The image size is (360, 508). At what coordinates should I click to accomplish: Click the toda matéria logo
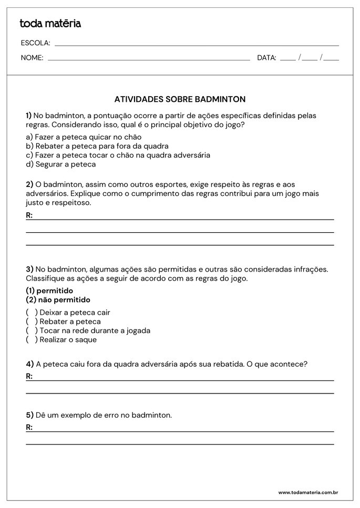coord(50,24)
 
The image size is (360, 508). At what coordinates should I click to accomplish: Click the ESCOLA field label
coord(35,43)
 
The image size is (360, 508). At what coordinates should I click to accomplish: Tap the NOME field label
coord(32,58)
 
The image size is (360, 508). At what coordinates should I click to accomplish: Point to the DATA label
coord(266,58)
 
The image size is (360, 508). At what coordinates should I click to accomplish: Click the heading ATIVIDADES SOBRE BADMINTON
coord(180,99)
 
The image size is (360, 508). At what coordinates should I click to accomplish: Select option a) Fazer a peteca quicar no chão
coord(84,137)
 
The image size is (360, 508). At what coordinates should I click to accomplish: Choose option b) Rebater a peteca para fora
coord(97,146)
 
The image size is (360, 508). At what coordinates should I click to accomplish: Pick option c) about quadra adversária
coord(118,155)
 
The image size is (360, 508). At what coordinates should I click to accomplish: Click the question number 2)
coord(29,184)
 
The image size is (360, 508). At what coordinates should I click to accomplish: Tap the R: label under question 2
coord(29,215)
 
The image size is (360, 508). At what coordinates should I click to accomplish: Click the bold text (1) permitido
coord(49,291)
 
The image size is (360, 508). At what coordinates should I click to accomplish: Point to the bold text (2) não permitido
coord(58,300)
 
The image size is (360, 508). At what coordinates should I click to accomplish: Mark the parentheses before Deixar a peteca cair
coord(32,313)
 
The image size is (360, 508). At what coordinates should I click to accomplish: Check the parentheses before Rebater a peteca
coord(32,322)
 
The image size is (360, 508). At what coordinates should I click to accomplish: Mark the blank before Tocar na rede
coord(32,330)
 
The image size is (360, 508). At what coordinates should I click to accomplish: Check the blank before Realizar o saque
coord(32,339)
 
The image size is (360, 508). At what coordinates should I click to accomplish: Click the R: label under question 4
coord(29,376)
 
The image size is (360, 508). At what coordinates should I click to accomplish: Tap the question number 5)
coord(29,415)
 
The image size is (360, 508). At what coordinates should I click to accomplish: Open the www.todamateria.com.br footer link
coord(307,493)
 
